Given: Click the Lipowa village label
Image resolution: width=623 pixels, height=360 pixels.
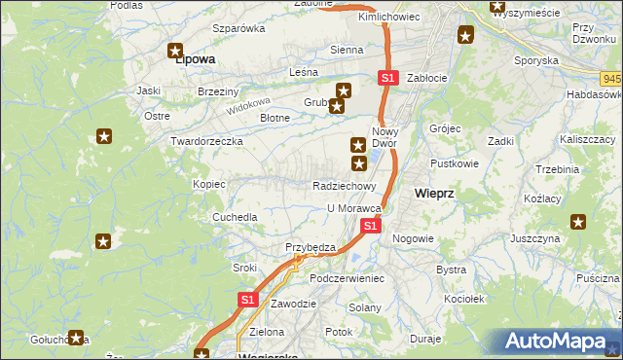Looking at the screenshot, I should coord(194,59).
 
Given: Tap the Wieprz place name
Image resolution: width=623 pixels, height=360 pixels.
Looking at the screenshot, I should coord(433,193).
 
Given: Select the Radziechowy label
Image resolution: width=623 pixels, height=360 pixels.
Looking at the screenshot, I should coord(345,186).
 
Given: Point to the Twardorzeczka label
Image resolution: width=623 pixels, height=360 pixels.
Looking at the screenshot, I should coord(206,141).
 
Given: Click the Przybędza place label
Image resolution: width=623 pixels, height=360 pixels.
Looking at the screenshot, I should coord(310,247).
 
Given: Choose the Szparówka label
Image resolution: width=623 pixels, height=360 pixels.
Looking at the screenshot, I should coord(238,28).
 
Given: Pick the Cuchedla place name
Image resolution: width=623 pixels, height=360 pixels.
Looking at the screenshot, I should coord(236,217).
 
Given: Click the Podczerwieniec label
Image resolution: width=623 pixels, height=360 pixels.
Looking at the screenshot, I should coord(348,278).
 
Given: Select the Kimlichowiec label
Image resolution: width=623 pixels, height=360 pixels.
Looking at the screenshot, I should coord(388,18).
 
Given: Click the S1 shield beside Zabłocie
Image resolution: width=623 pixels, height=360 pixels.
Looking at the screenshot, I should coord(387,77).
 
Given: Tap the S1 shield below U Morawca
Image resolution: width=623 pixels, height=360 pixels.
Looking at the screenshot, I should coord(370,226).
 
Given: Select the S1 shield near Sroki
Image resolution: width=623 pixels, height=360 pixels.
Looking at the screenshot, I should coord(247,301).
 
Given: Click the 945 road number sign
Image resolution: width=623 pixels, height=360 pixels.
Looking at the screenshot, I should coord(611,77).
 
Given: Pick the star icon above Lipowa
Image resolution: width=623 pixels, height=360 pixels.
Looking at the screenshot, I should coord(176,50).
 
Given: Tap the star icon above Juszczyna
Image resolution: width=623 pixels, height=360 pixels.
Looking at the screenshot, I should coord(580,222).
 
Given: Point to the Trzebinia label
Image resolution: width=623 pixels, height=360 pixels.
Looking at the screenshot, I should coord(557,169).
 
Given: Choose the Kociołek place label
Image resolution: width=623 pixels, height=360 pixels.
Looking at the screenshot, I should coord(462,299).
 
